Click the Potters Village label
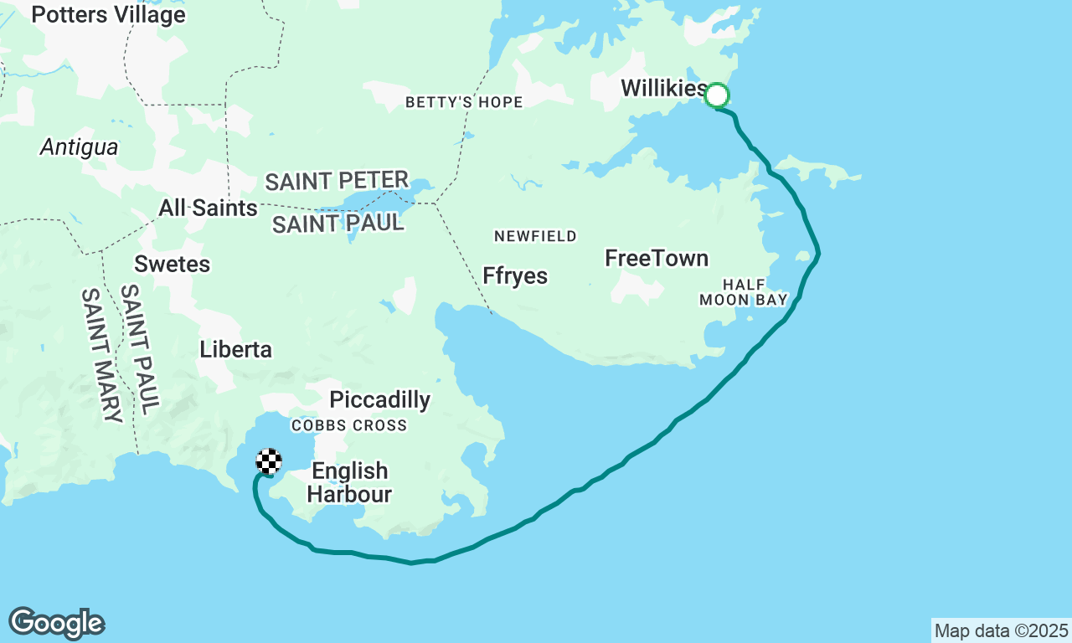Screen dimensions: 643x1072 (x=108, y=14)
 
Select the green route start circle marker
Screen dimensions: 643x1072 (x=717, y=95)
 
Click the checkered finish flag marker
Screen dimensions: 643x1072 (x=269, y=461)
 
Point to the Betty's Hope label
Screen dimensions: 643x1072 (x=464, y=102)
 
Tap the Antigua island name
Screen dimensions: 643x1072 (x=80, y=148)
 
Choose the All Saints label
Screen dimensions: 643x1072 (x=209, y=208)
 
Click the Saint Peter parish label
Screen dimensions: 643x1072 (x=337, y=181)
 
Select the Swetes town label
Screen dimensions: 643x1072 (x=173, y=265)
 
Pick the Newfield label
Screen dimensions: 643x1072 (x=536, y=236)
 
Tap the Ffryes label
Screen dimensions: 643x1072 (x=515, y=275)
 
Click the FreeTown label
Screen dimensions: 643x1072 (x=657, y=259)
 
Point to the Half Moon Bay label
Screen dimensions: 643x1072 (x=744, y=292)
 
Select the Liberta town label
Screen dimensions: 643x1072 (x=235, y=349)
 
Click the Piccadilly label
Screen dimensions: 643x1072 (x=380, y=400)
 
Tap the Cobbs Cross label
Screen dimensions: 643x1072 (x=349, y=425)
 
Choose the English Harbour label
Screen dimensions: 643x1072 (x=349, y=482)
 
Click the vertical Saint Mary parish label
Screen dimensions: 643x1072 (x=102, y=355)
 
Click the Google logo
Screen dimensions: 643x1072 (x=56, y=623)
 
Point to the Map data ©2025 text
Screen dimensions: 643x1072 (x=1001, y=630)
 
